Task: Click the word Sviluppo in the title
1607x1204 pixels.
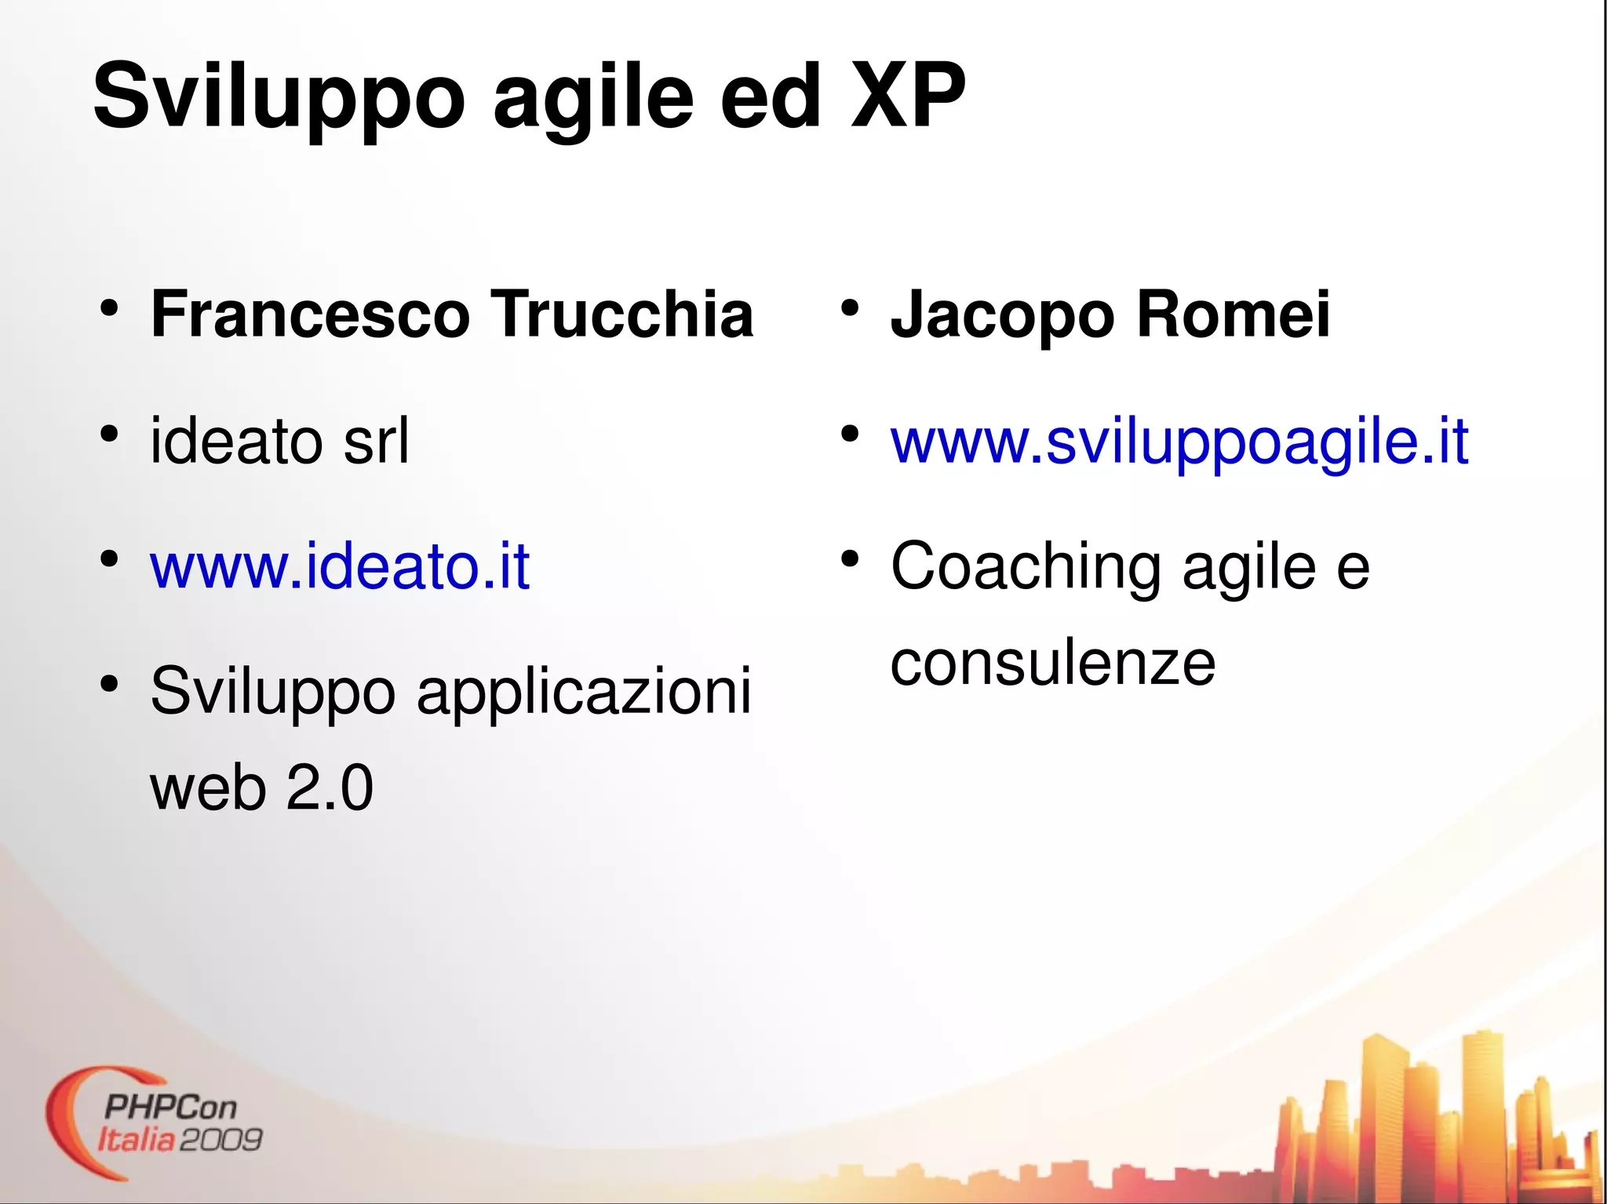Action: point(279,96)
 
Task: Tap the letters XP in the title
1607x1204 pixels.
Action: point(908,96)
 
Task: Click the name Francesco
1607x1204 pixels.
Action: point(310,315)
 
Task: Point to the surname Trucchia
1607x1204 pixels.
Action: point(621,315)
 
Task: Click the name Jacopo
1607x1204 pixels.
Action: point(1002,315)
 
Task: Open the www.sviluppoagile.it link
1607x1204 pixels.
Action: point(1179,442)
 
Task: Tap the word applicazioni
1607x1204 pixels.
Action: point(584,692)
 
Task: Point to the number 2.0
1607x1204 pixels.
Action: point(330,788)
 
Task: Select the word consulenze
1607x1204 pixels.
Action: point(1052,664)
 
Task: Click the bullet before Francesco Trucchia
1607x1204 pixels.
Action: point(109,308)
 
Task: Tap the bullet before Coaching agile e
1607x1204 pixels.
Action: point(849,559)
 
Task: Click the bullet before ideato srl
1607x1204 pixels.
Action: point(109,434)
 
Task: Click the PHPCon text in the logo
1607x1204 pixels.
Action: point(169,1108)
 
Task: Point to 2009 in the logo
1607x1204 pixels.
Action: point(220,1140)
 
